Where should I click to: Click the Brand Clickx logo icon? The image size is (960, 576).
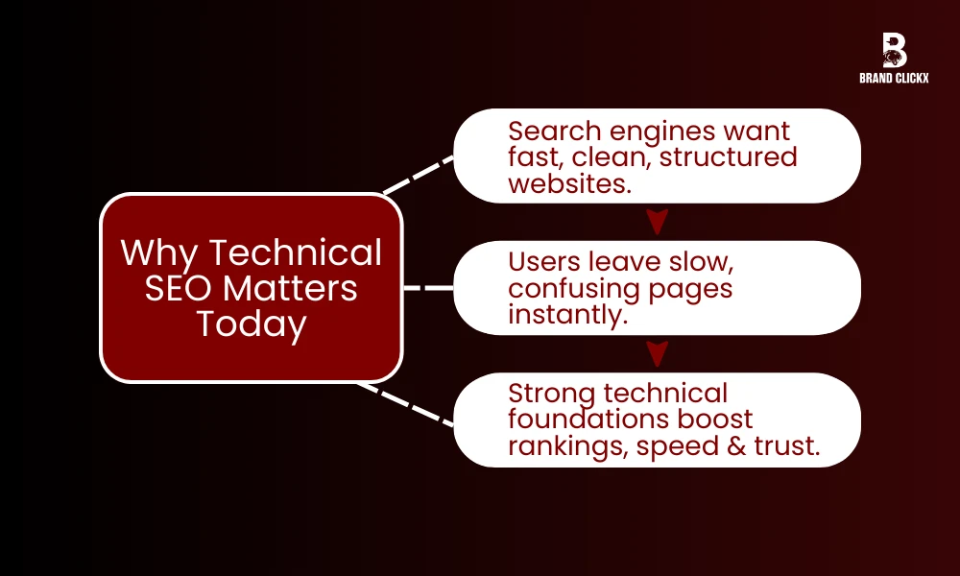[894, 50]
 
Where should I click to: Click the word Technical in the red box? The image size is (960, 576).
[296, 253]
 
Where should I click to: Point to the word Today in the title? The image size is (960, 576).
[252, 324]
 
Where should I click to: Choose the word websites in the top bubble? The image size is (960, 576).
[570, 182]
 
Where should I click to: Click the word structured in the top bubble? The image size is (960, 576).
[728, 156]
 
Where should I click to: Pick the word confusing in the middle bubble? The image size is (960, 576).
[571, 288]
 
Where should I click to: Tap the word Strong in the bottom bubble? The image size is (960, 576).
[551, 393]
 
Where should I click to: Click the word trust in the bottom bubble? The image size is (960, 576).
[791, 445]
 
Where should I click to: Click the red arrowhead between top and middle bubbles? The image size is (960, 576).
[657, 223]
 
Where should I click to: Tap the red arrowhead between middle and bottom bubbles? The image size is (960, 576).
[657, 354]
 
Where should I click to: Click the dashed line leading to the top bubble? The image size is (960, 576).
[419, 174]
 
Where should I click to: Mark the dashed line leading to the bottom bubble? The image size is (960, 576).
[407, 404]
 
